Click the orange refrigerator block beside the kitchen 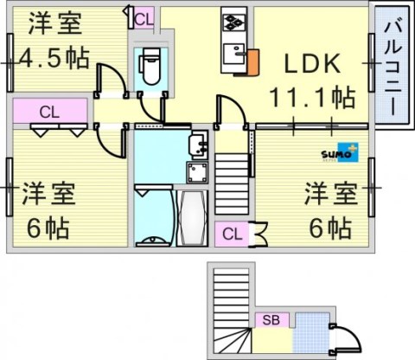click(252, 61)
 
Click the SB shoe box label click(271, 320)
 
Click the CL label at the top click(143, 17)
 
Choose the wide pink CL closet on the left click(49, 111)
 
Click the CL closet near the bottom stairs click(232, 232)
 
